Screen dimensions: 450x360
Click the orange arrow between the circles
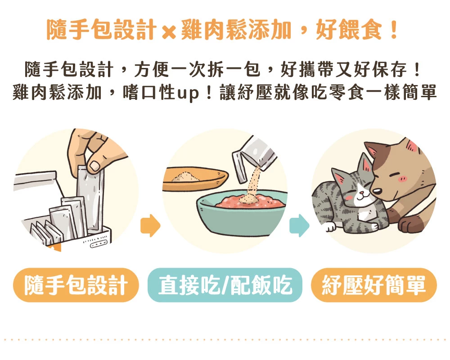tap(150, 225)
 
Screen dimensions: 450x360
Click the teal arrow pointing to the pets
tap(299, 225)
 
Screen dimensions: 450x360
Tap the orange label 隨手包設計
tap(76, 285)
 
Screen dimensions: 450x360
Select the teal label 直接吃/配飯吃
tap(225, 285)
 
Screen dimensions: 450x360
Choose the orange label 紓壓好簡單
tap(374, 285)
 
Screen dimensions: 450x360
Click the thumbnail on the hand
tap(94, 166)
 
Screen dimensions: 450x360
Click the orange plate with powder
tap(195, 179)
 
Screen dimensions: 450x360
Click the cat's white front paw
tap(330, 226)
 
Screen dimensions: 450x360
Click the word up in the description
tap(188, 93)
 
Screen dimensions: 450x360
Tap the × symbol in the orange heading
tap(169, 32)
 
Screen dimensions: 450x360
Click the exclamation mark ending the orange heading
tap(394, 30)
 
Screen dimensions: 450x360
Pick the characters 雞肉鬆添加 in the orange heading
tap(236, 30)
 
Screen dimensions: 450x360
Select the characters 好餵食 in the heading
tap(349, 30)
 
